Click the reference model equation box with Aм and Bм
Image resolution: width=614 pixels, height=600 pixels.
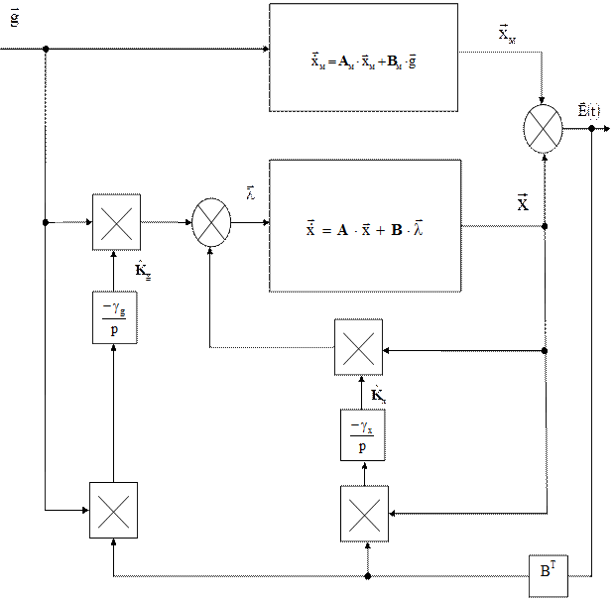[x=363, y=58]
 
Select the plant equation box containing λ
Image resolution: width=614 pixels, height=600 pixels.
[x=366, y=225]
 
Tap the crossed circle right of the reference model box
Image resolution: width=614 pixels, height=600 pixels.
[x=542, y=129]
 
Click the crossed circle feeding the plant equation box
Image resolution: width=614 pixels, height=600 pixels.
[x=210, y=221]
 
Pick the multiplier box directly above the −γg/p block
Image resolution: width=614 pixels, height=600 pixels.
[x=116, y=221]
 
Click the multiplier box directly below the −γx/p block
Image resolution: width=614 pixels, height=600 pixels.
[x=365, y=513]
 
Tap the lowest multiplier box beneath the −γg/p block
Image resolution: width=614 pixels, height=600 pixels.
[x=113, y=510]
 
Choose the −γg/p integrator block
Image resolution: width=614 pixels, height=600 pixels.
[x=115, y=319]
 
